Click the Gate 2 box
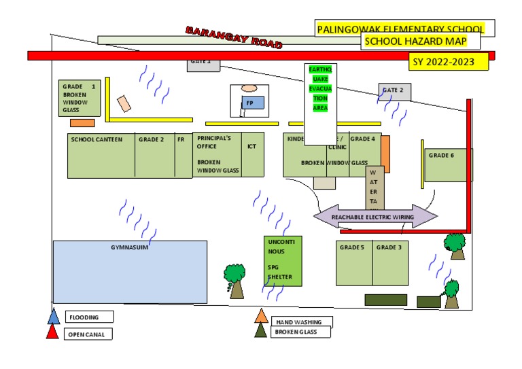[x=394, y=91]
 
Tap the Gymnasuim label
[x=129, y=247]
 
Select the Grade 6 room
[x=446, y=165]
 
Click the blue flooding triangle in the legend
[x=54, y=316]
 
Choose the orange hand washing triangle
[x=261, y=315]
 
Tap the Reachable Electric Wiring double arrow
[x=375, y=217]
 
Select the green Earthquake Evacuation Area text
[x=320, y=88]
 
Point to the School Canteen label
[x=96, y=139]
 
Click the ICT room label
[x=251, y=145]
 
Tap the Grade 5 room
[x=353, y=262]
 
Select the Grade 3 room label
[x=389, y=247]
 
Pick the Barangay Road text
[x=233, y=38]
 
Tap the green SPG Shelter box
[x=282, y=262]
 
